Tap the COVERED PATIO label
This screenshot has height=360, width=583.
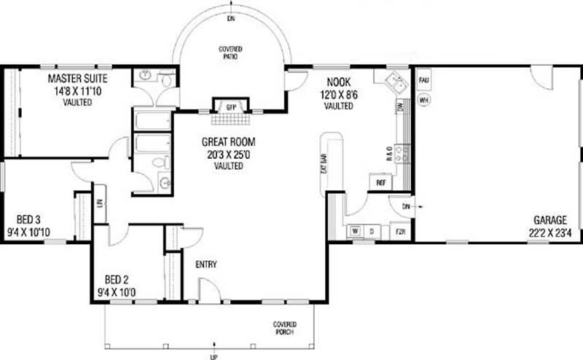(230, 52)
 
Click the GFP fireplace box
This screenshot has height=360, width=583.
(231, 107)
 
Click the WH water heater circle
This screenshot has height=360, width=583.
(423, 98)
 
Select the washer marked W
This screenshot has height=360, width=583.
(356, 232)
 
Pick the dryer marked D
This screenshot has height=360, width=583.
(373, 232)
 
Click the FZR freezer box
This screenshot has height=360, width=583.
(400, 232)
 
